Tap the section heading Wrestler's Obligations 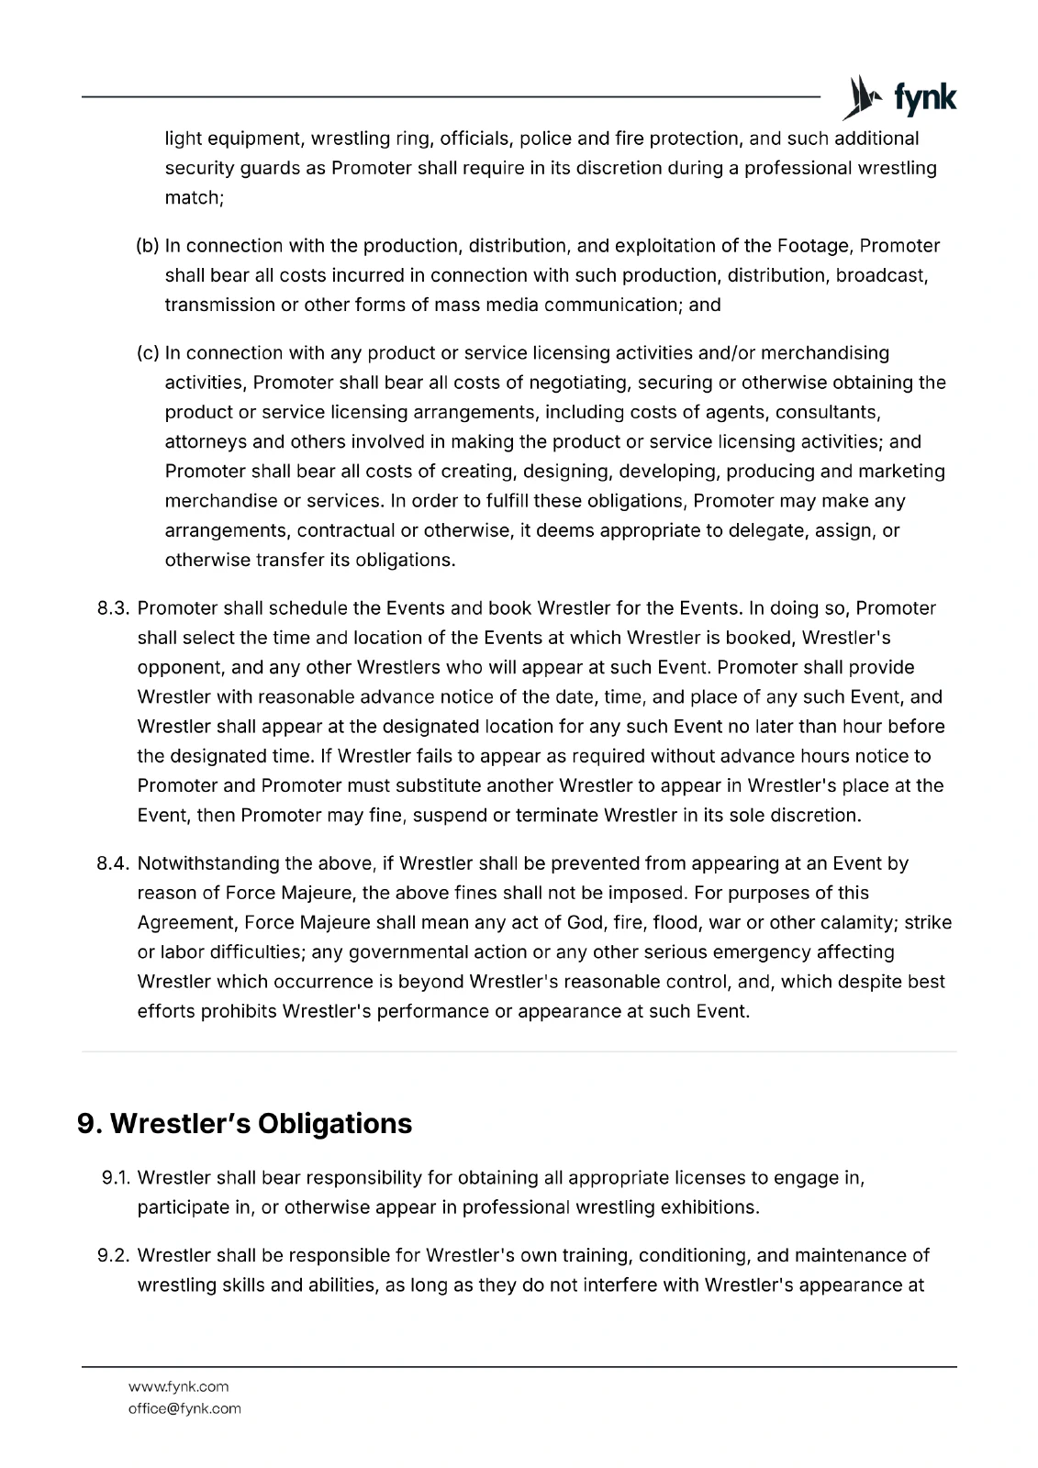[245, 1123]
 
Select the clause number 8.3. [116, 608]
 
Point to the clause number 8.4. [116, 863]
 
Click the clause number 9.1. [118, 1177]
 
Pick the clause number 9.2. [117, 1255]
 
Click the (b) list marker [148, 246]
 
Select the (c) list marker [148, 353]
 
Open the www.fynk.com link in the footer [178, 1386]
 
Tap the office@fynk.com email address [184, 1408]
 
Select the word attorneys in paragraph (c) [206, 442]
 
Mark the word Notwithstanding [207, 863]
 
